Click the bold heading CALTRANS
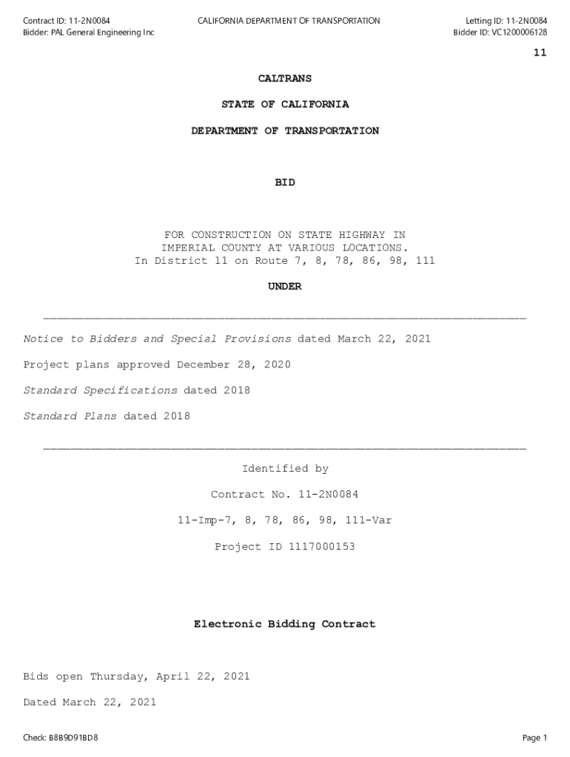[285, 78]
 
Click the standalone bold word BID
[285, 183]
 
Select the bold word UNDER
[285, 287]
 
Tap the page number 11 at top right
[540, 53]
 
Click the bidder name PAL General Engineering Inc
[103, 33]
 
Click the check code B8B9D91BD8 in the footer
[73, 738]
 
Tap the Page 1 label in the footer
[534, 738]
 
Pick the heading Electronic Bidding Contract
[285, 624]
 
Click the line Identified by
[285, 469]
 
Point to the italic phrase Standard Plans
[70, 416]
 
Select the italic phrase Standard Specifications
[100, 390]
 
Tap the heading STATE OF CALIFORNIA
[285, 104]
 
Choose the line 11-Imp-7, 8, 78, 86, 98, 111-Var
[285, 520]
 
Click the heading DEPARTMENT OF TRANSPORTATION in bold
[285, 131]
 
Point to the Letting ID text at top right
[506, 21]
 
